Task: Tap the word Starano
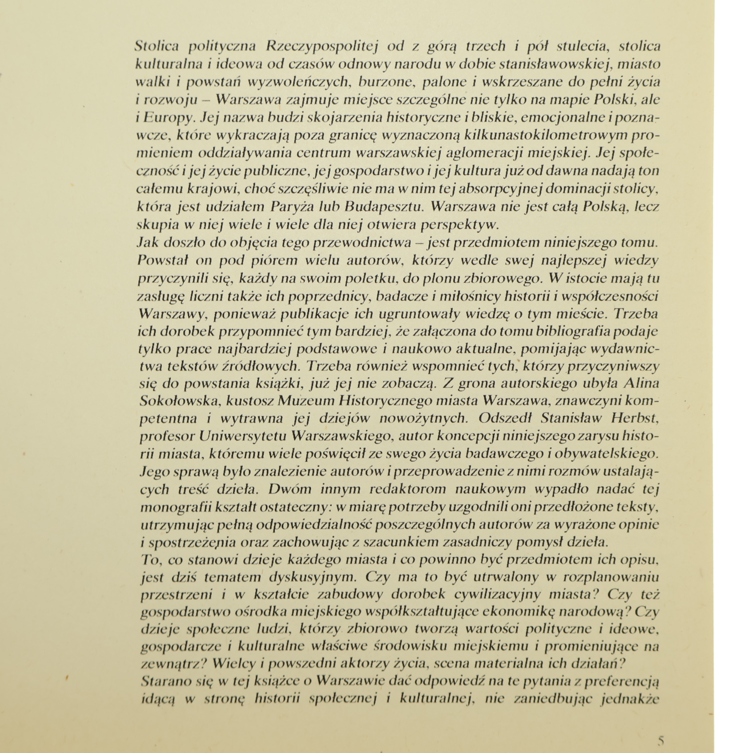pyautogui.click(x=161, y=681)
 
